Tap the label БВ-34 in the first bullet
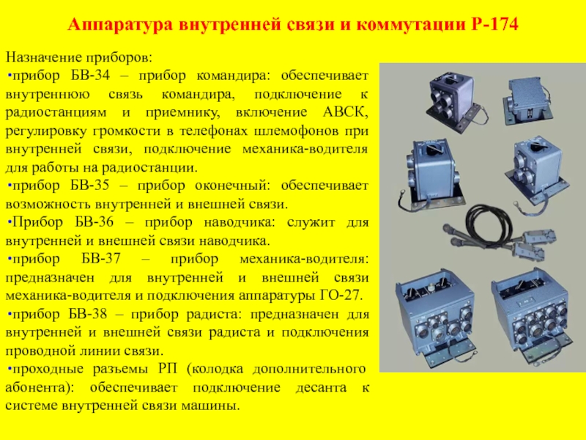pyautogui.click(x=90, y=76)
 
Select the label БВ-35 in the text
pyautogui.click(x=89, y=186)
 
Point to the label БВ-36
pyautogui.click(x=94, y=222)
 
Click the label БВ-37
pyautogui.click(x=101, y=259)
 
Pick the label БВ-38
pyautogui.click(x=88, y=314)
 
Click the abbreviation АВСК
pyautogui.click(x=345, y=112)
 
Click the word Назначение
pyautogui.click(x=44, y=58)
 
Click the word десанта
pyautogui.click(x=321, y=388)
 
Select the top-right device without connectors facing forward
pyautogui.click(x=527, y=100)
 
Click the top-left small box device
pyautogui.click(x=453, y=100)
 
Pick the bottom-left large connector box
pyautogui.click(x=435, y=314)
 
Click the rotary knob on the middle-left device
pyautogui.click(x=432, y=149)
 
